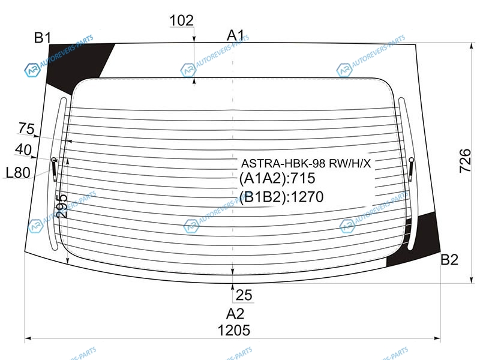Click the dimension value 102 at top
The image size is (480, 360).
[x=182, y=20]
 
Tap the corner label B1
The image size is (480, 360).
[x=43, y=38]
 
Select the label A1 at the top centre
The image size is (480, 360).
[x=235, y=35]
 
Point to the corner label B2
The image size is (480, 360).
[x=449, y=260]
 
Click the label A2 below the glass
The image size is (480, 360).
[x=235, y=314]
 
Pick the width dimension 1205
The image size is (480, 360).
[x=234, y=331]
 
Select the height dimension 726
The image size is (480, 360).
[x=465, y=161]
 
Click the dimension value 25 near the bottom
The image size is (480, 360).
[x=244, y=295]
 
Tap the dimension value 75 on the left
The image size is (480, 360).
[x=26, y=128]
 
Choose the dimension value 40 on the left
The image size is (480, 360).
[x=23, y=149]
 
